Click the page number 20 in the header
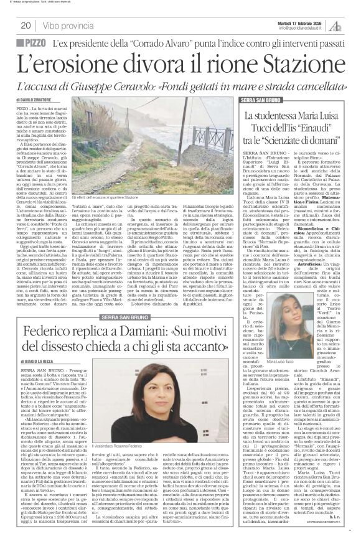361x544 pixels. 26,26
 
